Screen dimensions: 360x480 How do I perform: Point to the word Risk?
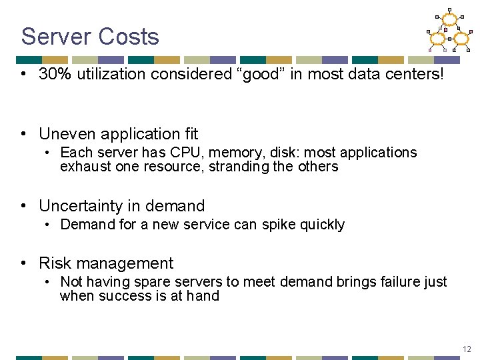click(x=54, y=263)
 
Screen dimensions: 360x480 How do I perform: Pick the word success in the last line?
click(x=121, y=296)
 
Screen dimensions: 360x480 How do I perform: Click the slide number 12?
click(x=466, y=349)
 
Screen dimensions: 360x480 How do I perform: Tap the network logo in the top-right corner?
click(x=449, y=31)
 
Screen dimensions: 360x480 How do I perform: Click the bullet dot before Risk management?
click(x=24, y=263)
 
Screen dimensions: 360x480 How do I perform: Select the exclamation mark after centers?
click(x=439, y=74)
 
